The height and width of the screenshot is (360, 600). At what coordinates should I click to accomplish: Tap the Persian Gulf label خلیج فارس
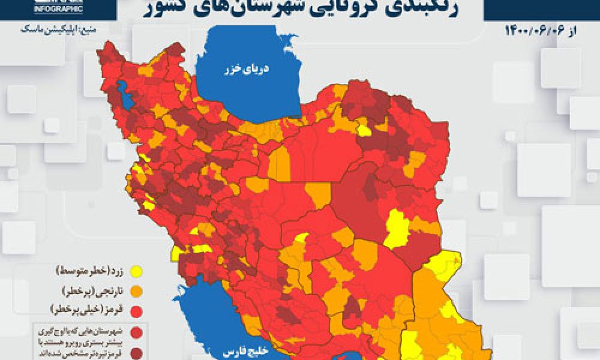[x=238, y=353]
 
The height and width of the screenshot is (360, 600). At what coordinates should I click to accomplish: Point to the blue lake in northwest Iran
[x=124, y=93]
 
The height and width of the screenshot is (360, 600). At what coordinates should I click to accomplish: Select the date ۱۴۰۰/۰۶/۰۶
[x=537, y=30]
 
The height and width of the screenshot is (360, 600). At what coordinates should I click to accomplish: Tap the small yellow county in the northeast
[x=364, y=130]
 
